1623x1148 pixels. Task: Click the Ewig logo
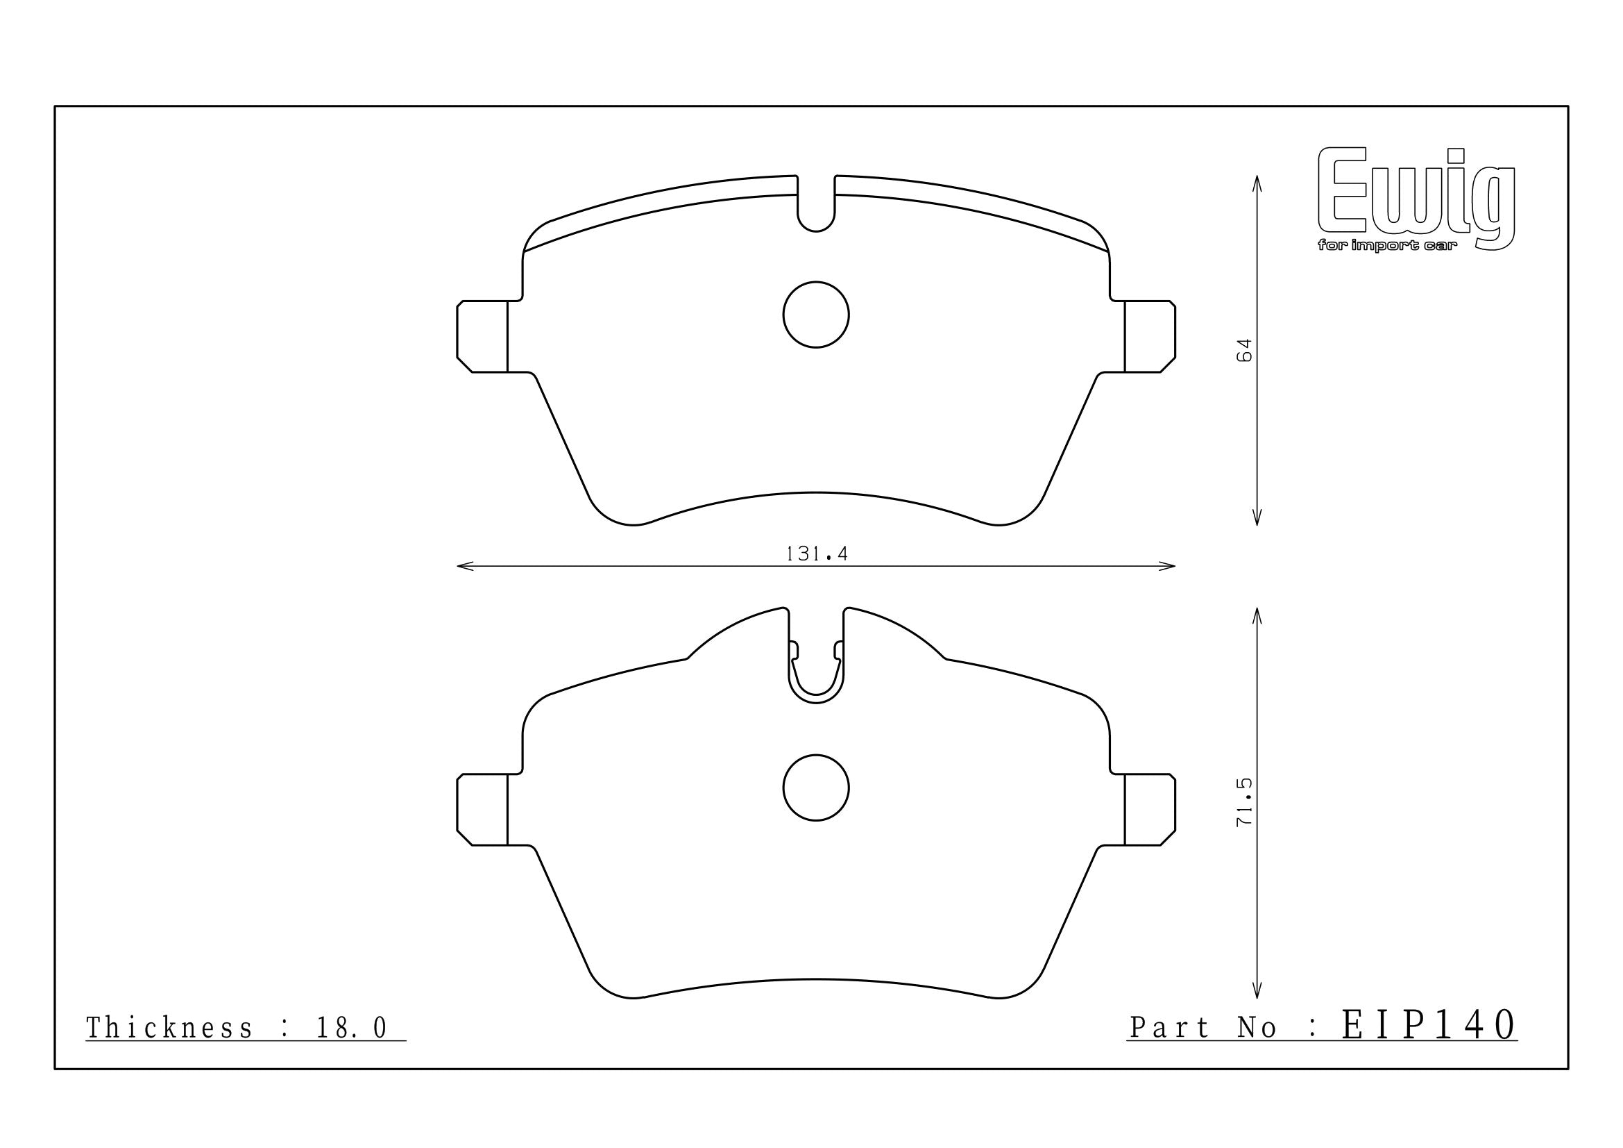[x=1417, y=198]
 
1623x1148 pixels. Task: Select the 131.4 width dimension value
[x=817, y=554]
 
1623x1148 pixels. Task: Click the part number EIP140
[x=1429, y=1024]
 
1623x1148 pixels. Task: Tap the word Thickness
[x=169, y=1028]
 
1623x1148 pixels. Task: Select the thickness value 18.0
[x=352, y=1028]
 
